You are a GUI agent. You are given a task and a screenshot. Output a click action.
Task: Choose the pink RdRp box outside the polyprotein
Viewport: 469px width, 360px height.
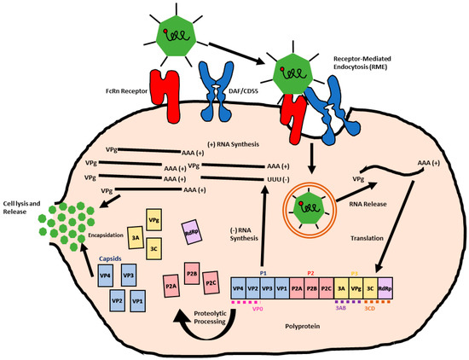point(192,229)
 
